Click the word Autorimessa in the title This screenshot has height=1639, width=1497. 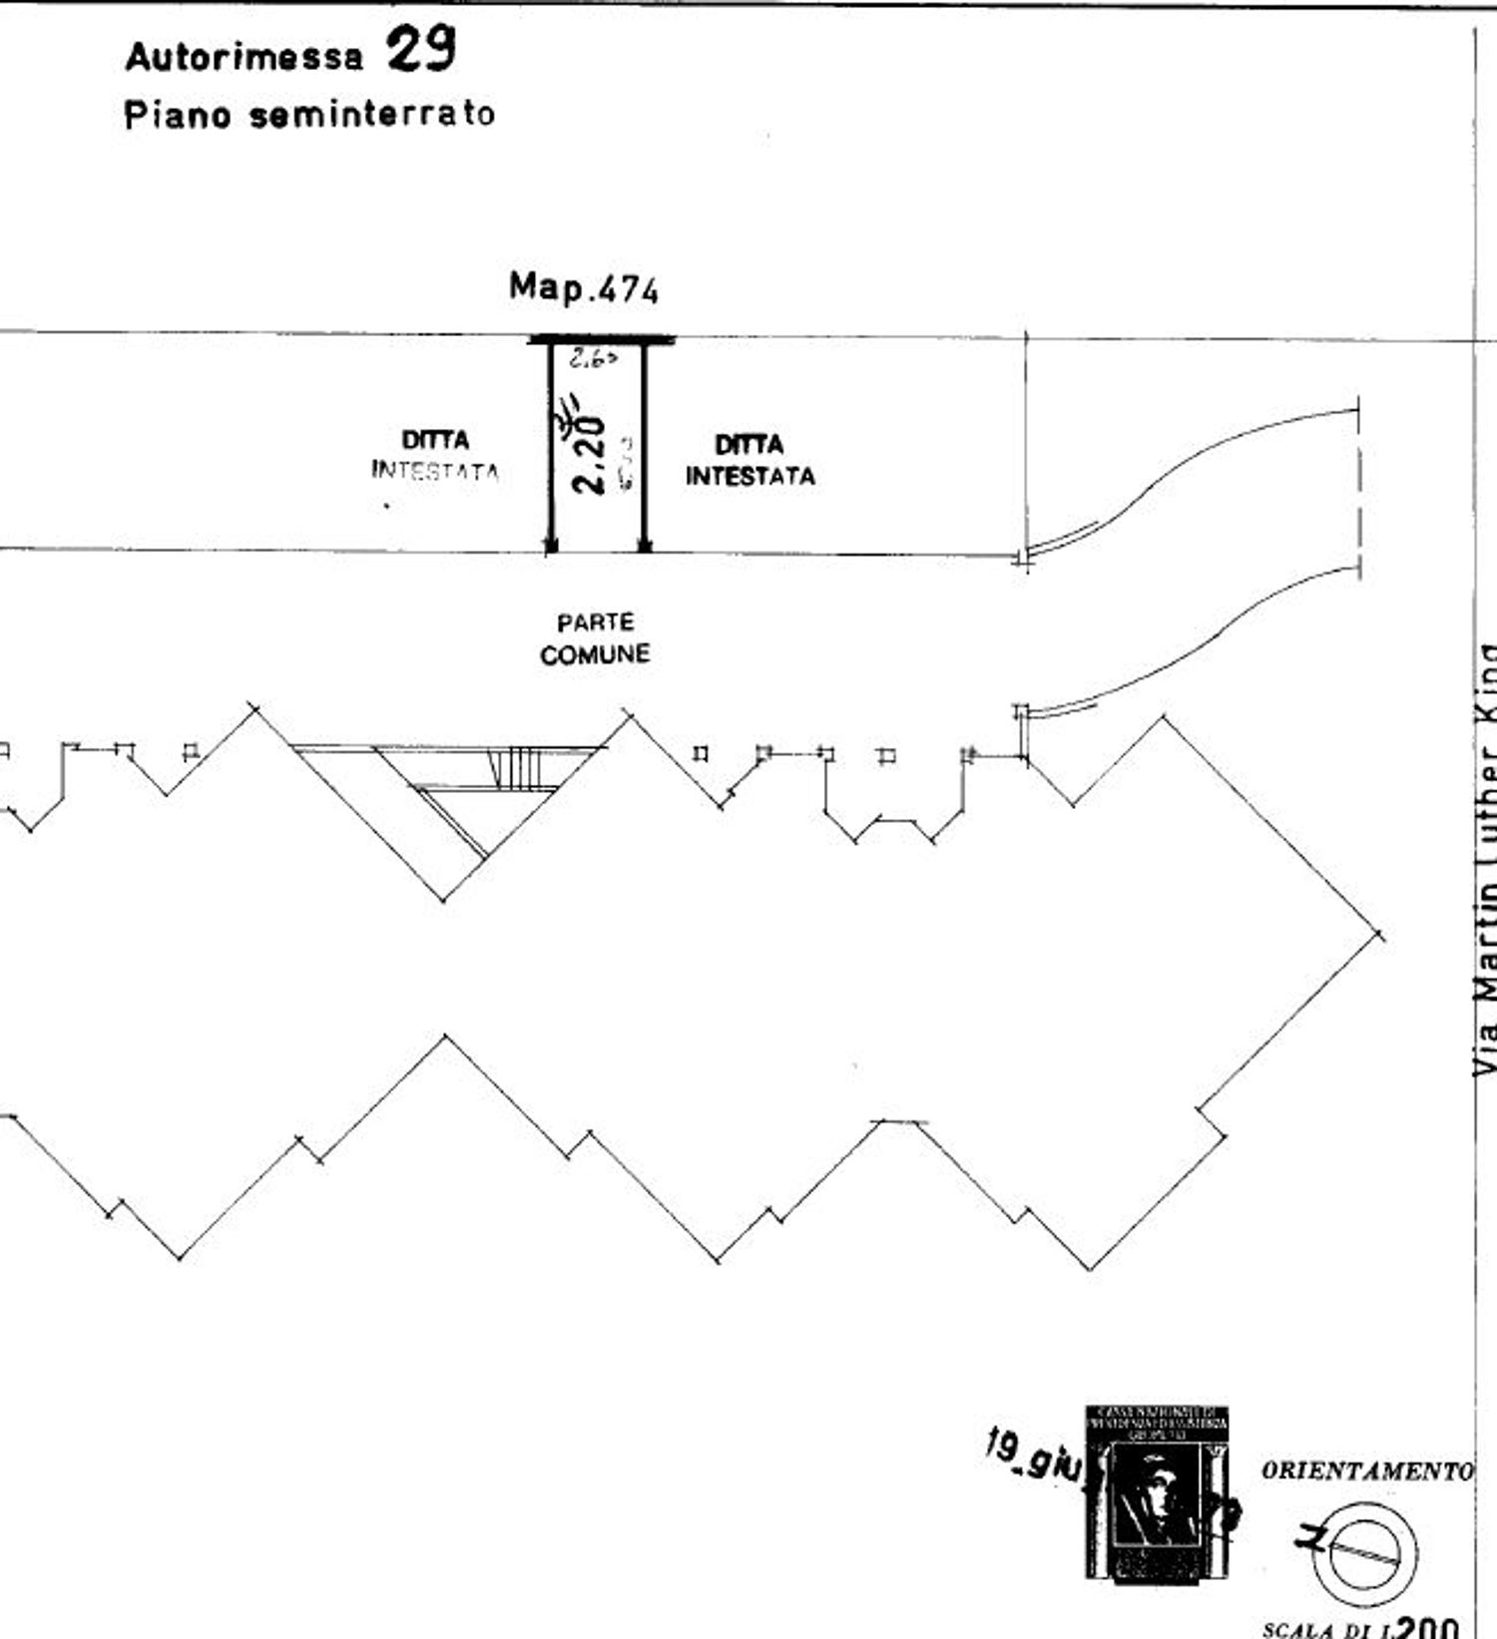point(244,57)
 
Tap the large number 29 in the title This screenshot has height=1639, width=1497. point(421,50)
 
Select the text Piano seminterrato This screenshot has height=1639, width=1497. point(309,115)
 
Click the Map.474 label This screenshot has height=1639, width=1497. point(584,288)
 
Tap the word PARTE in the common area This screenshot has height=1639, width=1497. point(595,622)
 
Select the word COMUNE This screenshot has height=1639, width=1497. point(595,654)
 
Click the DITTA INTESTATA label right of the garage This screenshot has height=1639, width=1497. point(749,460)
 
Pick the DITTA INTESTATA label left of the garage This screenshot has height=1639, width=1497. point(435,455)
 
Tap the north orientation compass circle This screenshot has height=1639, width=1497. point(1364,1553)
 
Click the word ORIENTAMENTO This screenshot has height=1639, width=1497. point(1366,1470)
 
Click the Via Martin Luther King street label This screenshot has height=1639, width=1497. point(1486,858)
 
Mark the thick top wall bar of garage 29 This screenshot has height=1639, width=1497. point(601,340)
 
